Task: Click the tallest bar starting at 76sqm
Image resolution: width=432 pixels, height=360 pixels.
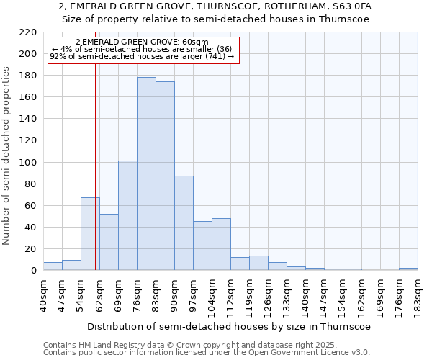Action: click(146, 174)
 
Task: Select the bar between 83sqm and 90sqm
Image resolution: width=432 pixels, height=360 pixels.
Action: click(165, 176)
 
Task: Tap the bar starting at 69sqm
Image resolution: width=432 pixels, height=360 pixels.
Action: click(127, 215)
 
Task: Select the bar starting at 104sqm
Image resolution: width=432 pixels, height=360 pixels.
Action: click(221, 244)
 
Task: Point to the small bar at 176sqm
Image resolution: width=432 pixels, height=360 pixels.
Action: click(408, 269)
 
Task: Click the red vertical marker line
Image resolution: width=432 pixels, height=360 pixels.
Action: click(95, 180)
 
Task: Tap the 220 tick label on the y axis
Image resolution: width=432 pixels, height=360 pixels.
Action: click(28, 32)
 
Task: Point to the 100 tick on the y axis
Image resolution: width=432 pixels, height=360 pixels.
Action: click(28, 163)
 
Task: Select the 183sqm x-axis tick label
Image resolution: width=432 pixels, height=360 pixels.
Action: click(418, 295)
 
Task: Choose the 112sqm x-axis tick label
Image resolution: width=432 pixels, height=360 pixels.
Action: click(230, 295)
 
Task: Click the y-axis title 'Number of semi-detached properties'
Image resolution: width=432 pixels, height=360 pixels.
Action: click(6, 156)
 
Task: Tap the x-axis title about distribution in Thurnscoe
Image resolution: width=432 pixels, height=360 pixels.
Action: click(230, 326)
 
